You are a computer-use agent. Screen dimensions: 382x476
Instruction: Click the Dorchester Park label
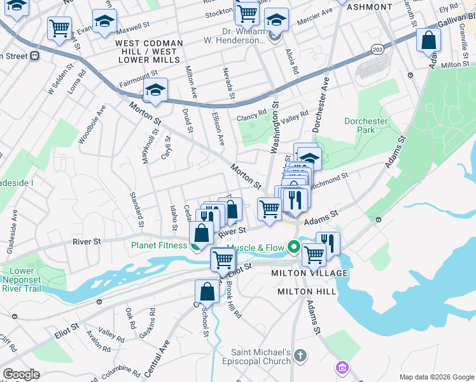[x=366, y=125]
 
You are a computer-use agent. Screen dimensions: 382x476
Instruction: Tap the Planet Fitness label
[x=160, y=245]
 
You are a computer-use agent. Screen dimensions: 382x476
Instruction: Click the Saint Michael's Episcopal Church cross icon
[x=301, y=355]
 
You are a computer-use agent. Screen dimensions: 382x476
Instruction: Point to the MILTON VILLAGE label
[x=309, y=273]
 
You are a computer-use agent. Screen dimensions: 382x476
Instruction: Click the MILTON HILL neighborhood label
[x=307, y=292]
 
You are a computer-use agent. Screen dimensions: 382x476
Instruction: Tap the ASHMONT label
[x=371, y=7]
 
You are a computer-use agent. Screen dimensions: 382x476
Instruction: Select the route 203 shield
[x=377, y=48]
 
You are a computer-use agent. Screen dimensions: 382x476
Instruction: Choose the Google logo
[x=21, y=374]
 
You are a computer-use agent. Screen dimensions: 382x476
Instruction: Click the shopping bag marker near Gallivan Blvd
[x=429, y=41]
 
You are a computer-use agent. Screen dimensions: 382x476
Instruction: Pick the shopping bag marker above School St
[x=207, y=292]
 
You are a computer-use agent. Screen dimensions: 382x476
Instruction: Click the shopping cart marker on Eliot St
[x=223, y=259]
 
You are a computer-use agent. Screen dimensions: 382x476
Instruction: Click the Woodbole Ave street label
[x=90, y=129]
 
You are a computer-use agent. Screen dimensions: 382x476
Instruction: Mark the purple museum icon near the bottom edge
[x=342, y=367]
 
